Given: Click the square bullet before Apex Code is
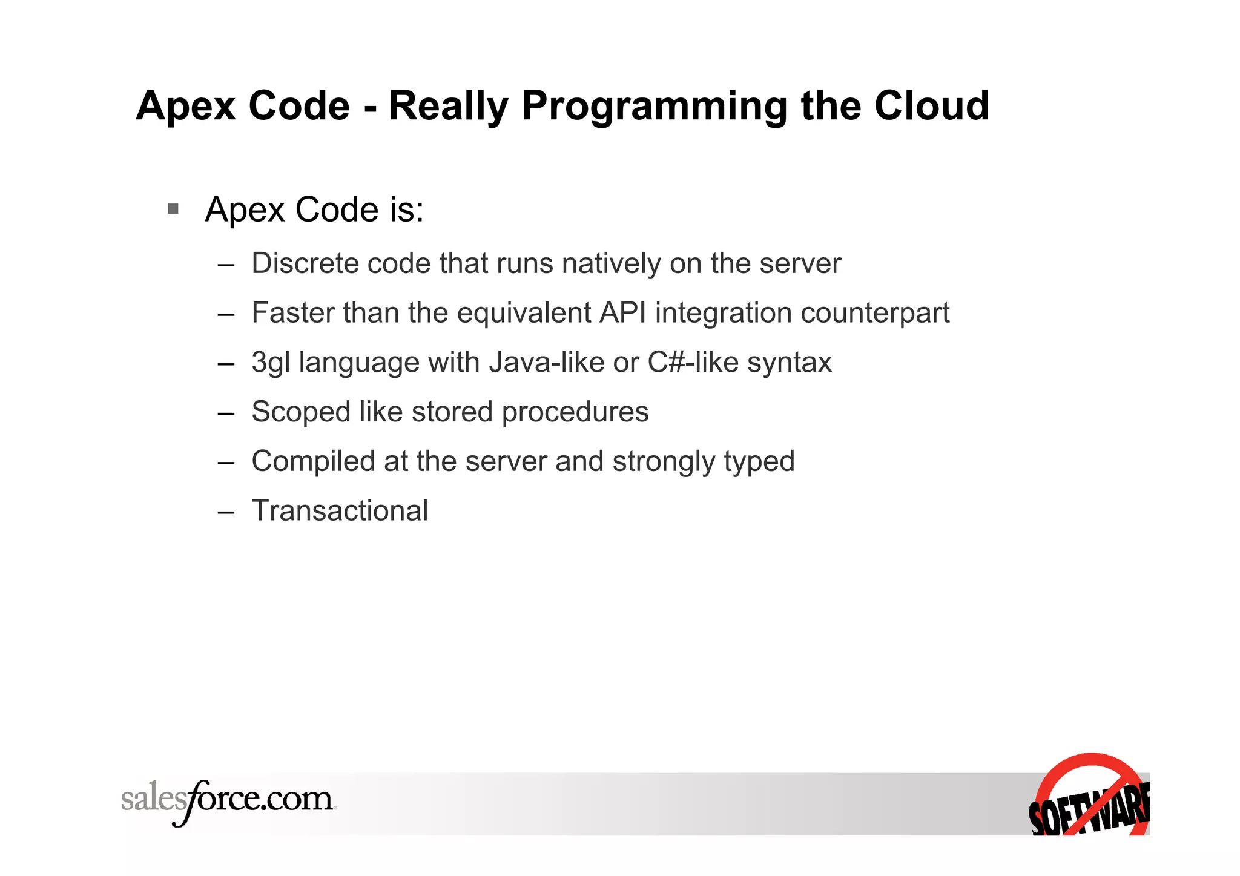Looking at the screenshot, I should (x=174, y=209).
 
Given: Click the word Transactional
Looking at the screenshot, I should (x=340, y=511).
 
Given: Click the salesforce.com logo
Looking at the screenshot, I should (x=228, y=800).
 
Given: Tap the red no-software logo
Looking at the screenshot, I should (x=1090, y=795).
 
